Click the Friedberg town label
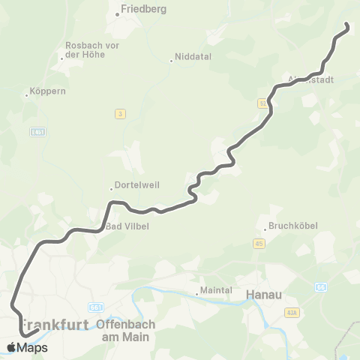(x=143, y=10)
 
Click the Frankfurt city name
(x=52, y=325)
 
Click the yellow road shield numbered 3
(x=119, y=113)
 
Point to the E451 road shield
(x=37, y=132)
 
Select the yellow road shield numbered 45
(x=259, y=243)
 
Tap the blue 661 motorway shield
(x=94, y=307)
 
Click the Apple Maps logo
(x=27, y=347)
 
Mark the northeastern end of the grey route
(x=347, y=27)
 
